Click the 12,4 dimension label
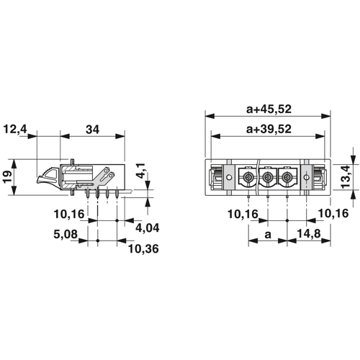[x=15, y=130]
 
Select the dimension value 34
[x=93, y=130]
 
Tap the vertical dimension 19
[x=8, y=177]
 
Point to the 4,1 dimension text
[x=141, y=171]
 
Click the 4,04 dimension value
[x=148, y=228]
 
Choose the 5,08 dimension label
[x=66, y=235]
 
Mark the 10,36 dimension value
[x=143, y=249]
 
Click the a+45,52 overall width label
[x=269, y=109]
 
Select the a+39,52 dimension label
[x=269, y=129]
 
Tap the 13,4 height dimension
[x=346, y=176]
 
